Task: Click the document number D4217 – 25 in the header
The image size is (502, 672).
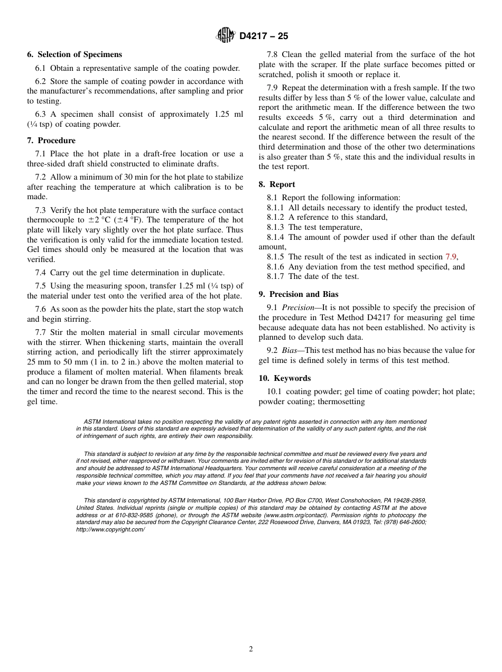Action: tap(264, 36)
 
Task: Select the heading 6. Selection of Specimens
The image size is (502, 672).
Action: tap(75, 54)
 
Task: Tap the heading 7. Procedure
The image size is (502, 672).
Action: tap(51, 141)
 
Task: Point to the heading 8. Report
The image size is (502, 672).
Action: tap(277, 184)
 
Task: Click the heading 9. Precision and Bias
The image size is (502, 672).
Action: tap(299, 294)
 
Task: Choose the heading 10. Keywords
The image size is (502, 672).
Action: tap(284, 378)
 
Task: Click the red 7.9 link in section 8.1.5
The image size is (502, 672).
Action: tap(450, 257)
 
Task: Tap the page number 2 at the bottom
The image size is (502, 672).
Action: tap(251, 649)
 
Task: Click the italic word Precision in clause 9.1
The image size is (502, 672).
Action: tap(298, 307)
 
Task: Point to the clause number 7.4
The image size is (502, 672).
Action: tap(41, 273)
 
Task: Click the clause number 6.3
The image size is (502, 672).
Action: tap(41, 114)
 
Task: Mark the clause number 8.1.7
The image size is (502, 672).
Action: tap(275, 276)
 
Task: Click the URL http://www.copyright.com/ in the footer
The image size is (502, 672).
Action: tap(110, 529)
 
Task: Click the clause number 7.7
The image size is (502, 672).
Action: tap(41, 332)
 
